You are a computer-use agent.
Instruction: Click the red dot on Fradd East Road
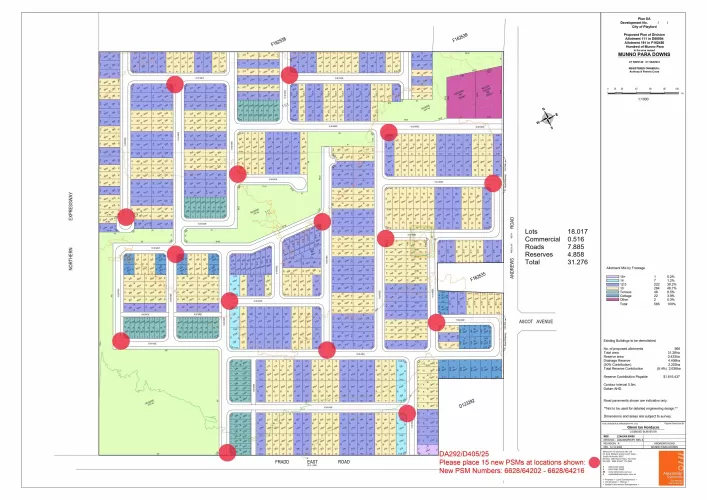(x=228, y=452)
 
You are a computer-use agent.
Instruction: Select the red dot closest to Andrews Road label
(x=492, y=182)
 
